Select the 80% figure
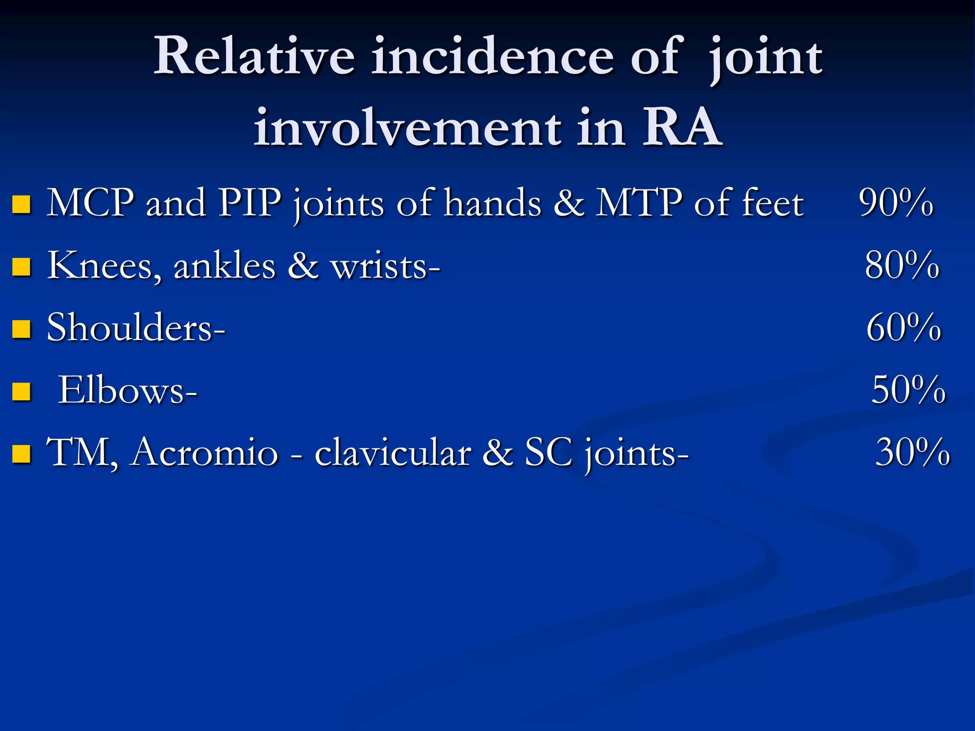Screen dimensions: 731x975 [902, 266]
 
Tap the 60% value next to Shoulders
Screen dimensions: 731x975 [903, 328]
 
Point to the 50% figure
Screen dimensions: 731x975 [908, 390]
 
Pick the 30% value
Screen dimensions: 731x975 [912, 453]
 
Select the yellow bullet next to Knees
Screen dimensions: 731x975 [21, 267]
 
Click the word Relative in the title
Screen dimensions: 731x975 [254, 57]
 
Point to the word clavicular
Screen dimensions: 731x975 [393, 453]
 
